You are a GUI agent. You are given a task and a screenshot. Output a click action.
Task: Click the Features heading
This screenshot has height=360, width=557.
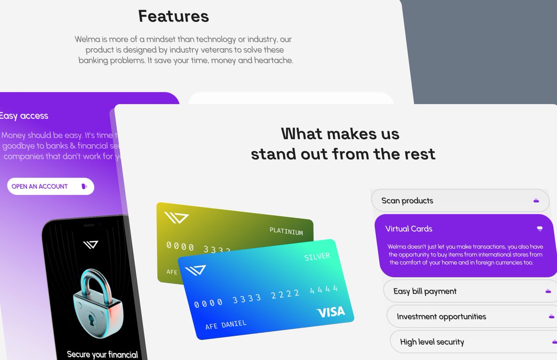(174, 17)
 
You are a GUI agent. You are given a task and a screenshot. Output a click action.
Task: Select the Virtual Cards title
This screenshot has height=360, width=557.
(408, 229)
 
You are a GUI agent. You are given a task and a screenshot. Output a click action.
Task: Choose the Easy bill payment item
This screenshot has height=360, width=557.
(425, 291)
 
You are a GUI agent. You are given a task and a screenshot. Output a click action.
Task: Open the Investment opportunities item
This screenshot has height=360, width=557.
(441, 317)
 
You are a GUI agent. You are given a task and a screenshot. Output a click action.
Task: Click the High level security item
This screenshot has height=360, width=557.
(432, 342)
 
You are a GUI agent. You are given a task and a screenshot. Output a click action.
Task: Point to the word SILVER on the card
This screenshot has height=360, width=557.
(317, 257)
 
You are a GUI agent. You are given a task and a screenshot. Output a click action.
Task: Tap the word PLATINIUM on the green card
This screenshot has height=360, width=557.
(286, 232)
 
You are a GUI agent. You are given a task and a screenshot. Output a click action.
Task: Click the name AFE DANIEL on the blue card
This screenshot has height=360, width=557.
(226, 324)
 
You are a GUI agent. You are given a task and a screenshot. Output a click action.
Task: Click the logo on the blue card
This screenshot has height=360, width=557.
(195, 270)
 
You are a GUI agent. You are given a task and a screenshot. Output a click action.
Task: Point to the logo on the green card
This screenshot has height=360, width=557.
(176, 218)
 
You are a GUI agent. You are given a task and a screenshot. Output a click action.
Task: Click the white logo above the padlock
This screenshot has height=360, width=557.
(91, 244)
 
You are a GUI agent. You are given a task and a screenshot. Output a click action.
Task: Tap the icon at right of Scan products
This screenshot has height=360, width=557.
(536, 200)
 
